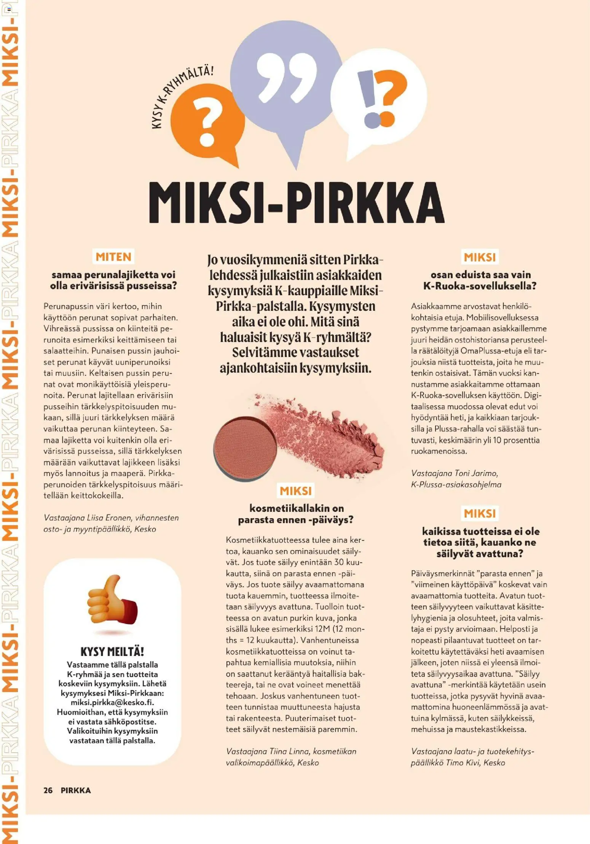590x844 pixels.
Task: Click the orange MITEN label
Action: [113, 257]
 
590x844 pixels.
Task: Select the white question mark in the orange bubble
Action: [207, 122]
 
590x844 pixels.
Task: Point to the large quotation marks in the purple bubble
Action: [286, 76]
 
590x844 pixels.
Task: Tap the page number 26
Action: [48, 790]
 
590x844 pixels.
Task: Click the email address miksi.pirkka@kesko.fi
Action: [112, 702]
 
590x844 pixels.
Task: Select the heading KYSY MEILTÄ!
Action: [112, 652]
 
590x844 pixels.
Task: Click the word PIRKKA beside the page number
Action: [76, 790]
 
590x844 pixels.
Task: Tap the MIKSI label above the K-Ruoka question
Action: [480, 257]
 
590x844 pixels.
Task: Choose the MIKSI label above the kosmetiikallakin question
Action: [296, 491]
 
